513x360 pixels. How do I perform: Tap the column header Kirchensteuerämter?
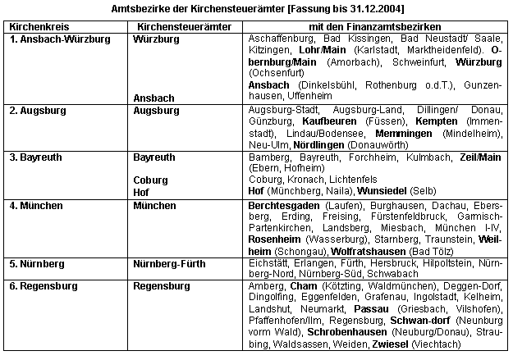point(170,27)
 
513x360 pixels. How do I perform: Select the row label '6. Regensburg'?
point(43,286)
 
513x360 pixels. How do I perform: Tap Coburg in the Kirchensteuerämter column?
point(149,180)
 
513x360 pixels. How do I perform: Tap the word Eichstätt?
point(268,263)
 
